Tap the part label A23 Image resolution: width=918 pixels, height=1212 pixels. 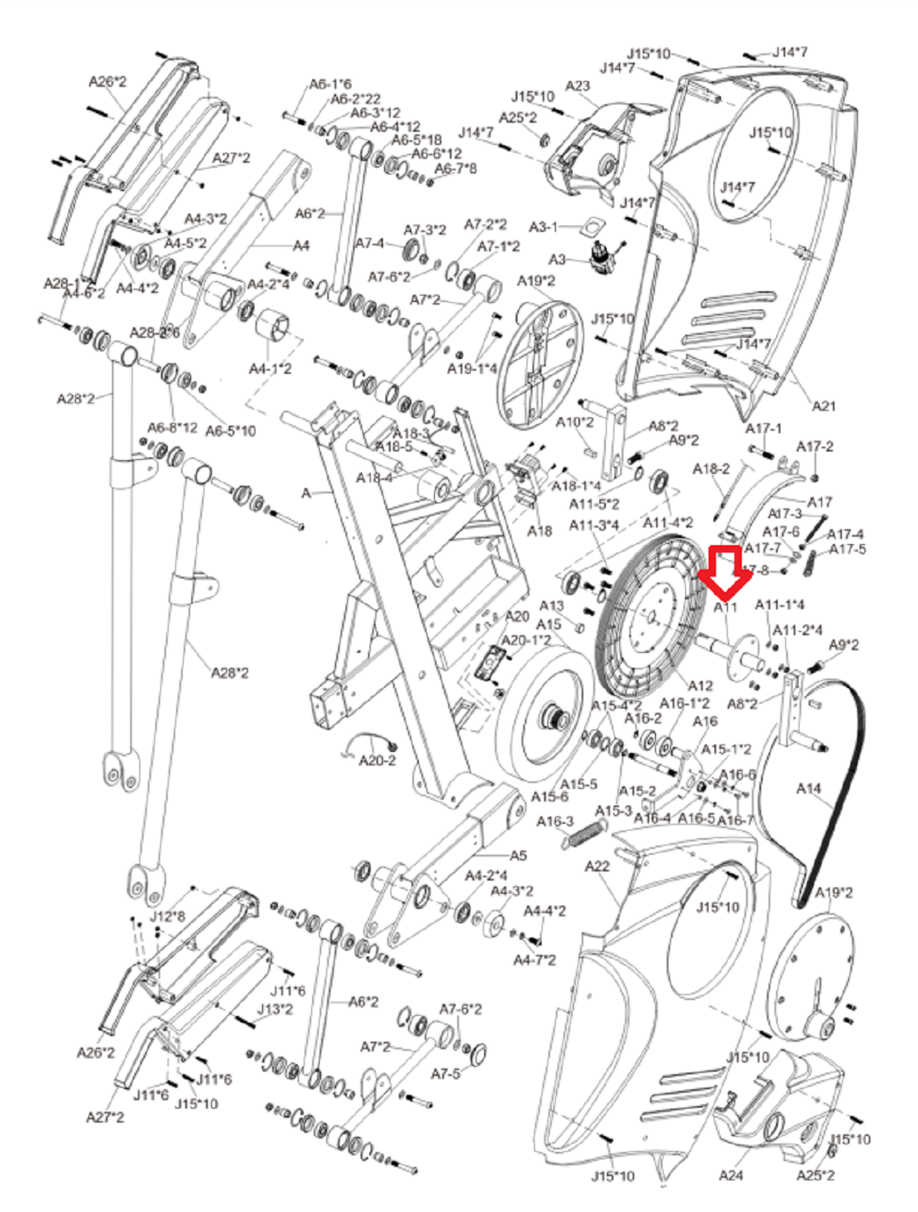click(x=578, y=86)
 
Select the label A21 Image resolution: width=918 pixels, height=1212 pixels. click(x=824, y=407)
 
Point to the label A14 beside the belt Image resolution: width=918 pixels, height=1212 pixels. click(x=808, y=788)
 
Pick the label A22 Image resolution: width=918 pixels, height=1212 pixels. click(x=597, y=866)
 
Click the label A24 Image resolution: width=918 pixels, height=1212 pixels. click(x=730, y=1175)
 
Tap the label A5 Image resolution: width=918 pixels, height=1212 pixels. click(x=518, y=856)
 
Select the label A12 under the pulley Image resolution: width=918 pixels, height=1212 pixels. click(x=700, y=686)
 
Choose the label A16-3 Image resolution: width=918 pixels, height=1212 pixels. click(x=555, y=822)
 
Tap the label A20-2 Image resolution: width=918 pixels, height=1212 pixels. click(x=377, y=760)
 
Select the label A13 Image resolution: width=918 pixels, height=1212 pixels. click(x=552, y=606)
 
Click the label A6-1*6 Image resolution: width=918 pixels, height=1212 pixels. click(x=330, y=84)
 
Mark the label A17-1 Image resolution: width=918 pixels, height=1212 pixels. click(x=764, y=428)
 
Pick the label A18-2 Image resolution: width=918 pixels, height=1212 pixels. click(x=711, y=469)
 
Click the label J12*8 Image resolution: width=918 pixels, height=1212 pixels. click(x=167, y=917)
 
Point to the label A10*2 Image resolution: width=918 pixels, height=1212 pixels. click(x=575, y=422)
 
